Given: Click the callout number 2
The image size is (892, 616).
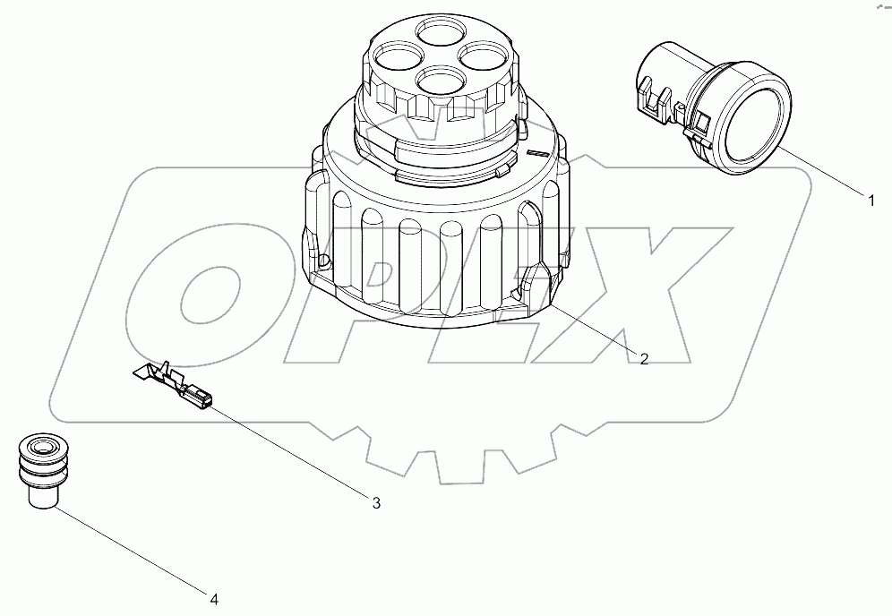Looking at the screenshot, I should tap(643, 358).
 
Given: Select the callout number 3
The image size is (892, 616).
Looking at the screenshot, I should tap(376, 503).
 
